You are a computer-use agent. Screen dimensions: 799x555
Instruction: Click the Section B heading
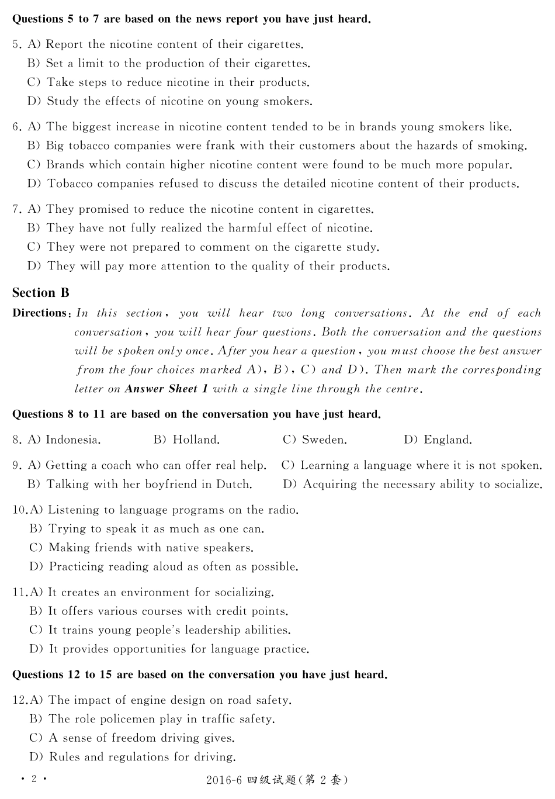click(x=41, y=293)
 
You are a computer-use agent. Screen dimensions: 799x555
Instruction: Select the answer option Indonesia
click(x=72, y=440)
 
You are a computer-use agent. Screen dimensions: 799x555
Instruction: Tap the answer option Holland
click(x=196, y=440)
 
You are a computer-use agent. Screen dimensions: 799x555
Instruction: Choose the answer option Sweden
click(x=324, y=440)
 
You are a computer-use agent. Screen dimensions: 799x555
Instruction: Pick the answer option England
click(x=448, y=440)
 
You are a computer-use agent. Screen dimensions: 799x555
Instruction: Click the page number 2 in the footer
click(x=34, y=779)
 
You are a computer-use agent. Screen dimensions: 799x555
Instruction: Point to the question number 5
click(x=16, y=44)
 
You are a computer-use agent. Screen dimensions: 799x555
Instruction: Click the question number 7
click(x=16, y=209)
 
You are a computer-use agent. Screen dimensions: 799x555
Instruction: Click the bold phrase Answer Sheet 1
click(x=166, y=389)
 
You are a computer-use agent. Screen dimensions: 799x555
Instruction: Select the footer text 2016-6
click(x=224, y=780)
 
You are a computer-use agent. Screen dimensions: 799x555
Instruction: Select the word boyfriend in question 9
click(x=169, y=485)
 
